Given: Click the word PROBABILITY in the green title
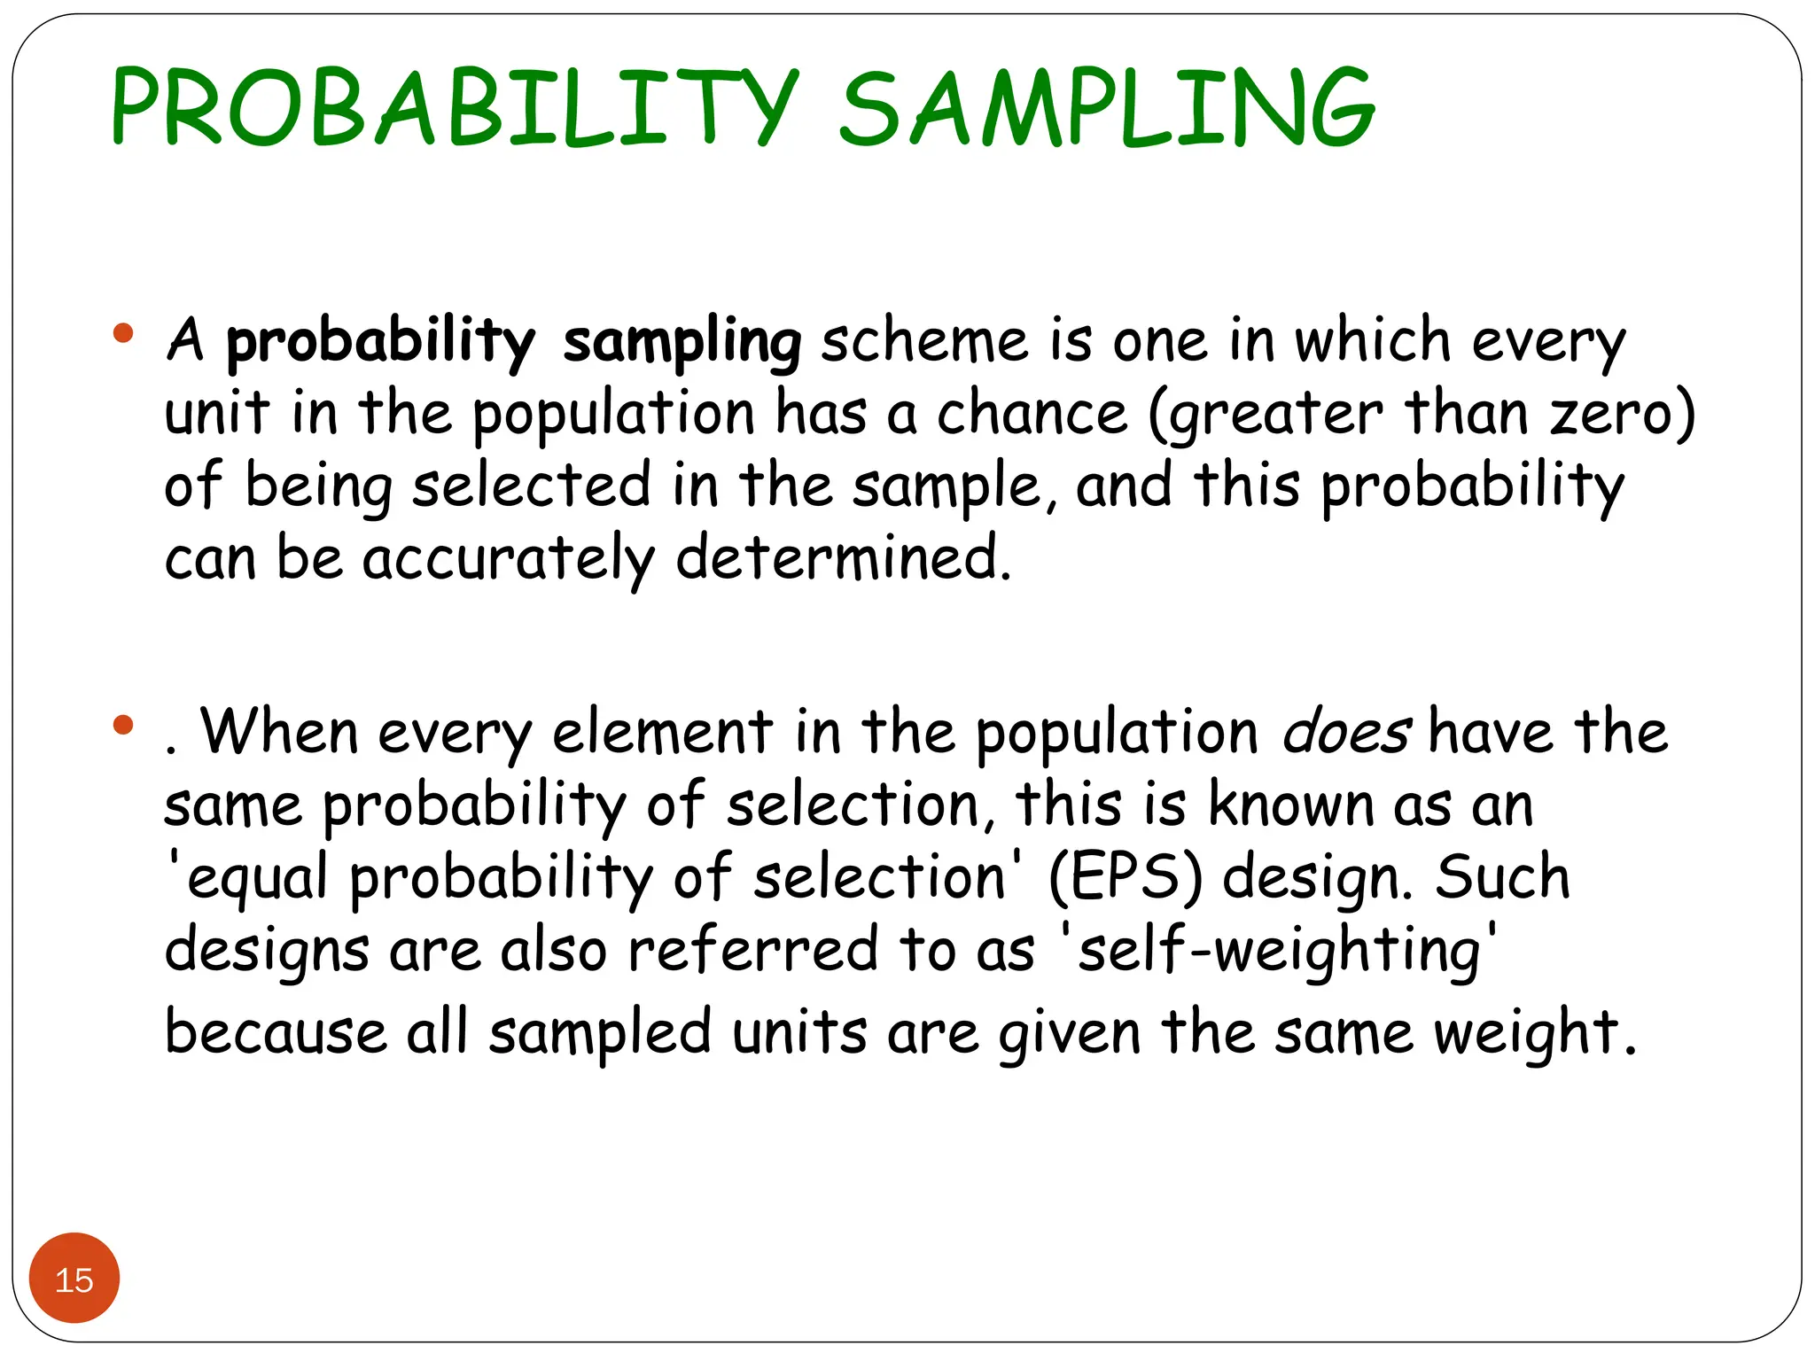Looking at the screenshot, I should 455,109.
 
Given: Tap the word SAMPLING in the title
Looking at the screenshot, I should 1107,109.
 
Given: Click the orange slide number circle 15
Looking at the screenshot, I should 74,1279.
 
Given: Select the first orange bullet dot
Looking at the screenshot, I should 123,334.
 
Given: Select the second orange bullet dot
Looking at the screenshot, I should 123,726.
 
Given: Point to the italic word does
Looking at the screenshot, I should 1346,734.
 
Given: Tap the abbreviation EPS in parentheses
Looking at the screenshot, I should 1126,878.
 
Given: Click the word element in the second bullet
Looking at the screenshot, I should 662,734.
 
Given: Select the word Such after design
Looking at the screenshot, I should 1502,877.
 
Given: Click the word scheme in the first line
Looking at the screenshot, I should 924,341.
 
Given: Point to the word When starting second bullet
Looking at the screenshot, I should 279,733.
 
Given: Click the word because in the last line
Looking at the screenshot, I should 276,1033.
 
